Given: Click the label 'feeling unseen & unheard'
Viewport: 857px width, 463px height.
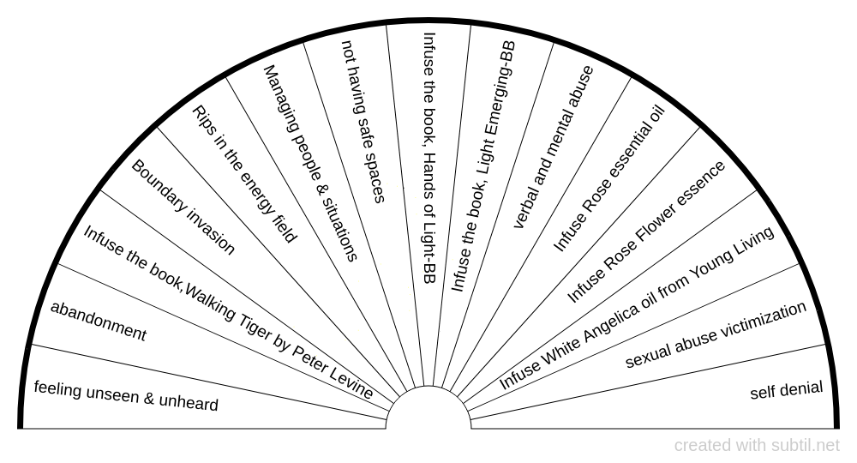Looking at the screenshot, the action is tap(126, 395).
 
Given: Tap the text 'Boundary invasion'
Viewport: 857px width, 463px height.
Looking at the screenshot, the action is tap(183, 207).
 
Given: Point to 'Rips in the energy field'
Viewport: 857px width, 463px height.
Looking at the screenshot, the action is tap(244, 174).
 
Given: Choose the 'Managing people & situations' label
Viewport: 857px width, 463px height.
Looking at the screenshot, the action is tap(310, 163).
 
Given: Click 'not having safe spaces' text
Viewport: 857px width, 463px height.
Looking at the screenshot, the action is tap(363, 122).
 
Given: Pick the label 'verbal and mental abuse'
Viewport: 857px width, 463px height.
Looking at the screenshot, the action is tap(553, 147).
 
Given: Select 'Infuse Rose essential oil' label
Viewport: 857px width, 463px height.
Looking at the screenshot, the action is tap(608, 178).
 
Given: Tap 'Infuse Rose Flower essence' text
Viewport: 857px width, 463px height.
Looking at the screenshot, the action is tap(646, 231).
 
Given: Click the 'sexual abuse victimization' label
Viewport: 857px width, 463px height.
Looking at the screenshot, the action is tap(716, 334).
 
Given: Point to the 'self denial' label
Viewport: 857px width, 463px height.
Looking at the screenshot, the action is tap(787, 390).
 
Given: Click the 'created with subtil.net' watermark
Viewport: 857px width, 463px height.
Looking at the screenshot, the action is tap(757, 446).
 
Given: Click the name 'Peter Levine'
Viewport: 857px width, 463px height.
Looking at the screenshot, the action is tap(332, 372).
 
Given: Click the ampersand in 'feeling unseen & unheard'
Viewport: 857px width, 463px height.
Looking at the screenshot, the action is tap(149, 397).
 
